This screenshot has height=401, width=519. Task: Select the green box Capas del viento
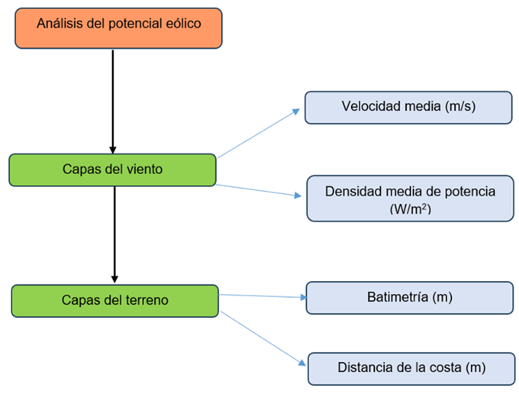112,170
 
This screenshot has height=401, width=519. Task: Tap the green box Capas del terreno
114,300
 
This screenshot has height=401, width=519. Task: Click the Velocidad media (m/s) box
408,107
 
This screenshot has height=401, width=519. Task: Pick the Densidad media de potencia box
410,199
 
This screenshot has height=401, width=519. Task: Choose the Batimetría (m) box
409,297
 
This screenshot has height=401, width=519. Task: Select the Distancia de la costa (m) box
410,368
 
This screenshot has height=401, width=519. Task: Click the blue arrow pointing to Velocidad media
259,133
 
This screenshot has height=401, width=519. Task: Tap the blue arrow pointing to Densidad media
259,190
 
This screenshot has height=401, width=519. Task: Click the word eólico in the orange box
182,24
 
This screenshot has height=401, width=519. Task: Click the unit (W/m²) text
410,208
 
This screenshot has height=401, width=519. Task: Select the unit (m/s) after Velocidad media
459,107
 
